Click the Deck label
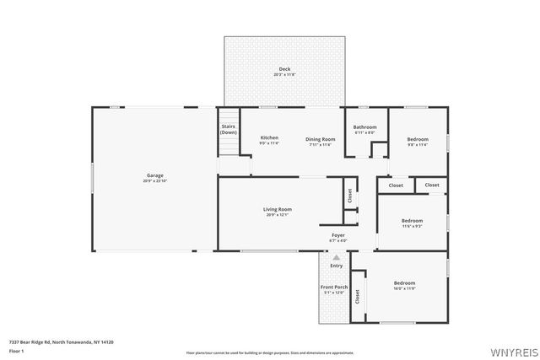click(283, 68)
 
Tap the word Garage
click(154, 175)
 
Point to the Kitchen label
click(269, 137)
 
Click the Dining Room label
click(320, 138)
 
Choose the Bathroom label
click(364, 127)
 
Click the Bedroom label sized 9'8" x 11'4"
click(418, 139)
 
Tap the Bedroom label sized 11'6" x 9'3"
click(412, 220)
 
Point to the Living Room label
click(278, 209)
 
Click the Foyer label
click(337, 235)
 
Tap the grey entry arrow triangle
click(337, 257)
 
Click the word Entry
click(337, 266)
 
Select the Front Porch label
click(334, 287)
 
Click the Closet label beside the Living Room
click(349, 195)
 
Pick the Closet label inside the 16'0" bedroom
click(358, 296)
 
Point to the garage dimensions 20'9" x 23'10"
click(154, 181)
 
